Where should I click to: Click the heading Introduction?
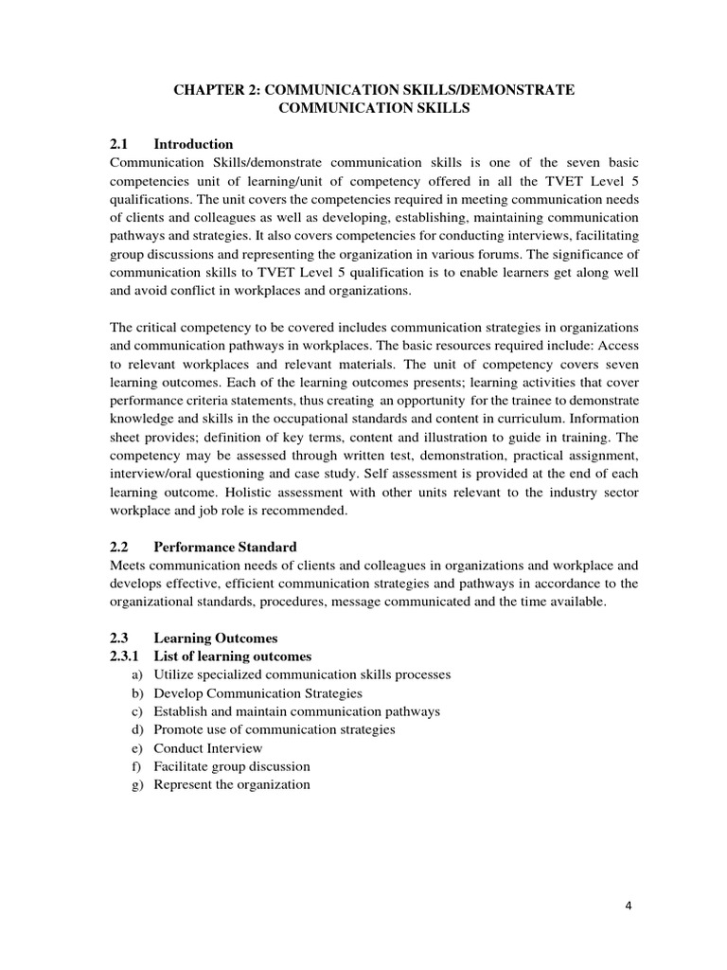coord(193,144)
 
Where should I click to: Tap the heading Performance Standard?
coord(225,547)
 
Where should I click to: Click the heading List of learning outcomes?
coord(232,656)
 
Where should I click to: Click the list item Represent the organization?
coord(232,783)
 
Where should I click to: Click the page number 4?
coord(629,905)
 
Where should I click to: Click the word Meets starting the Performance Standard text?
coord(131,566)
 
